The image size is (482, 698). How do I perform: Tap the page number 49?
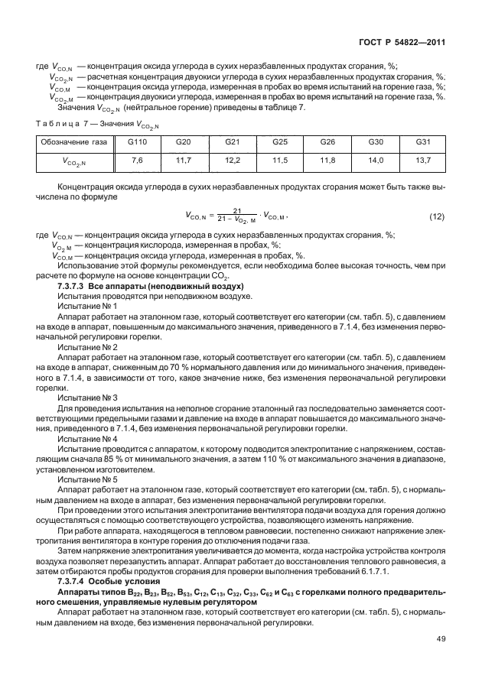coord(440,639)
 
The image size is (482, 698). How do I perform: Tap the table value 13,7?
coord(422,160)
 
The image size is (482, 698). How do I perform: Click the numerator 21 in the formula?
coord(237,211)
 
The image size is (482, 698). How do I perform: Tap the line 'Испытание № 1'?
coord(87,306)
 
